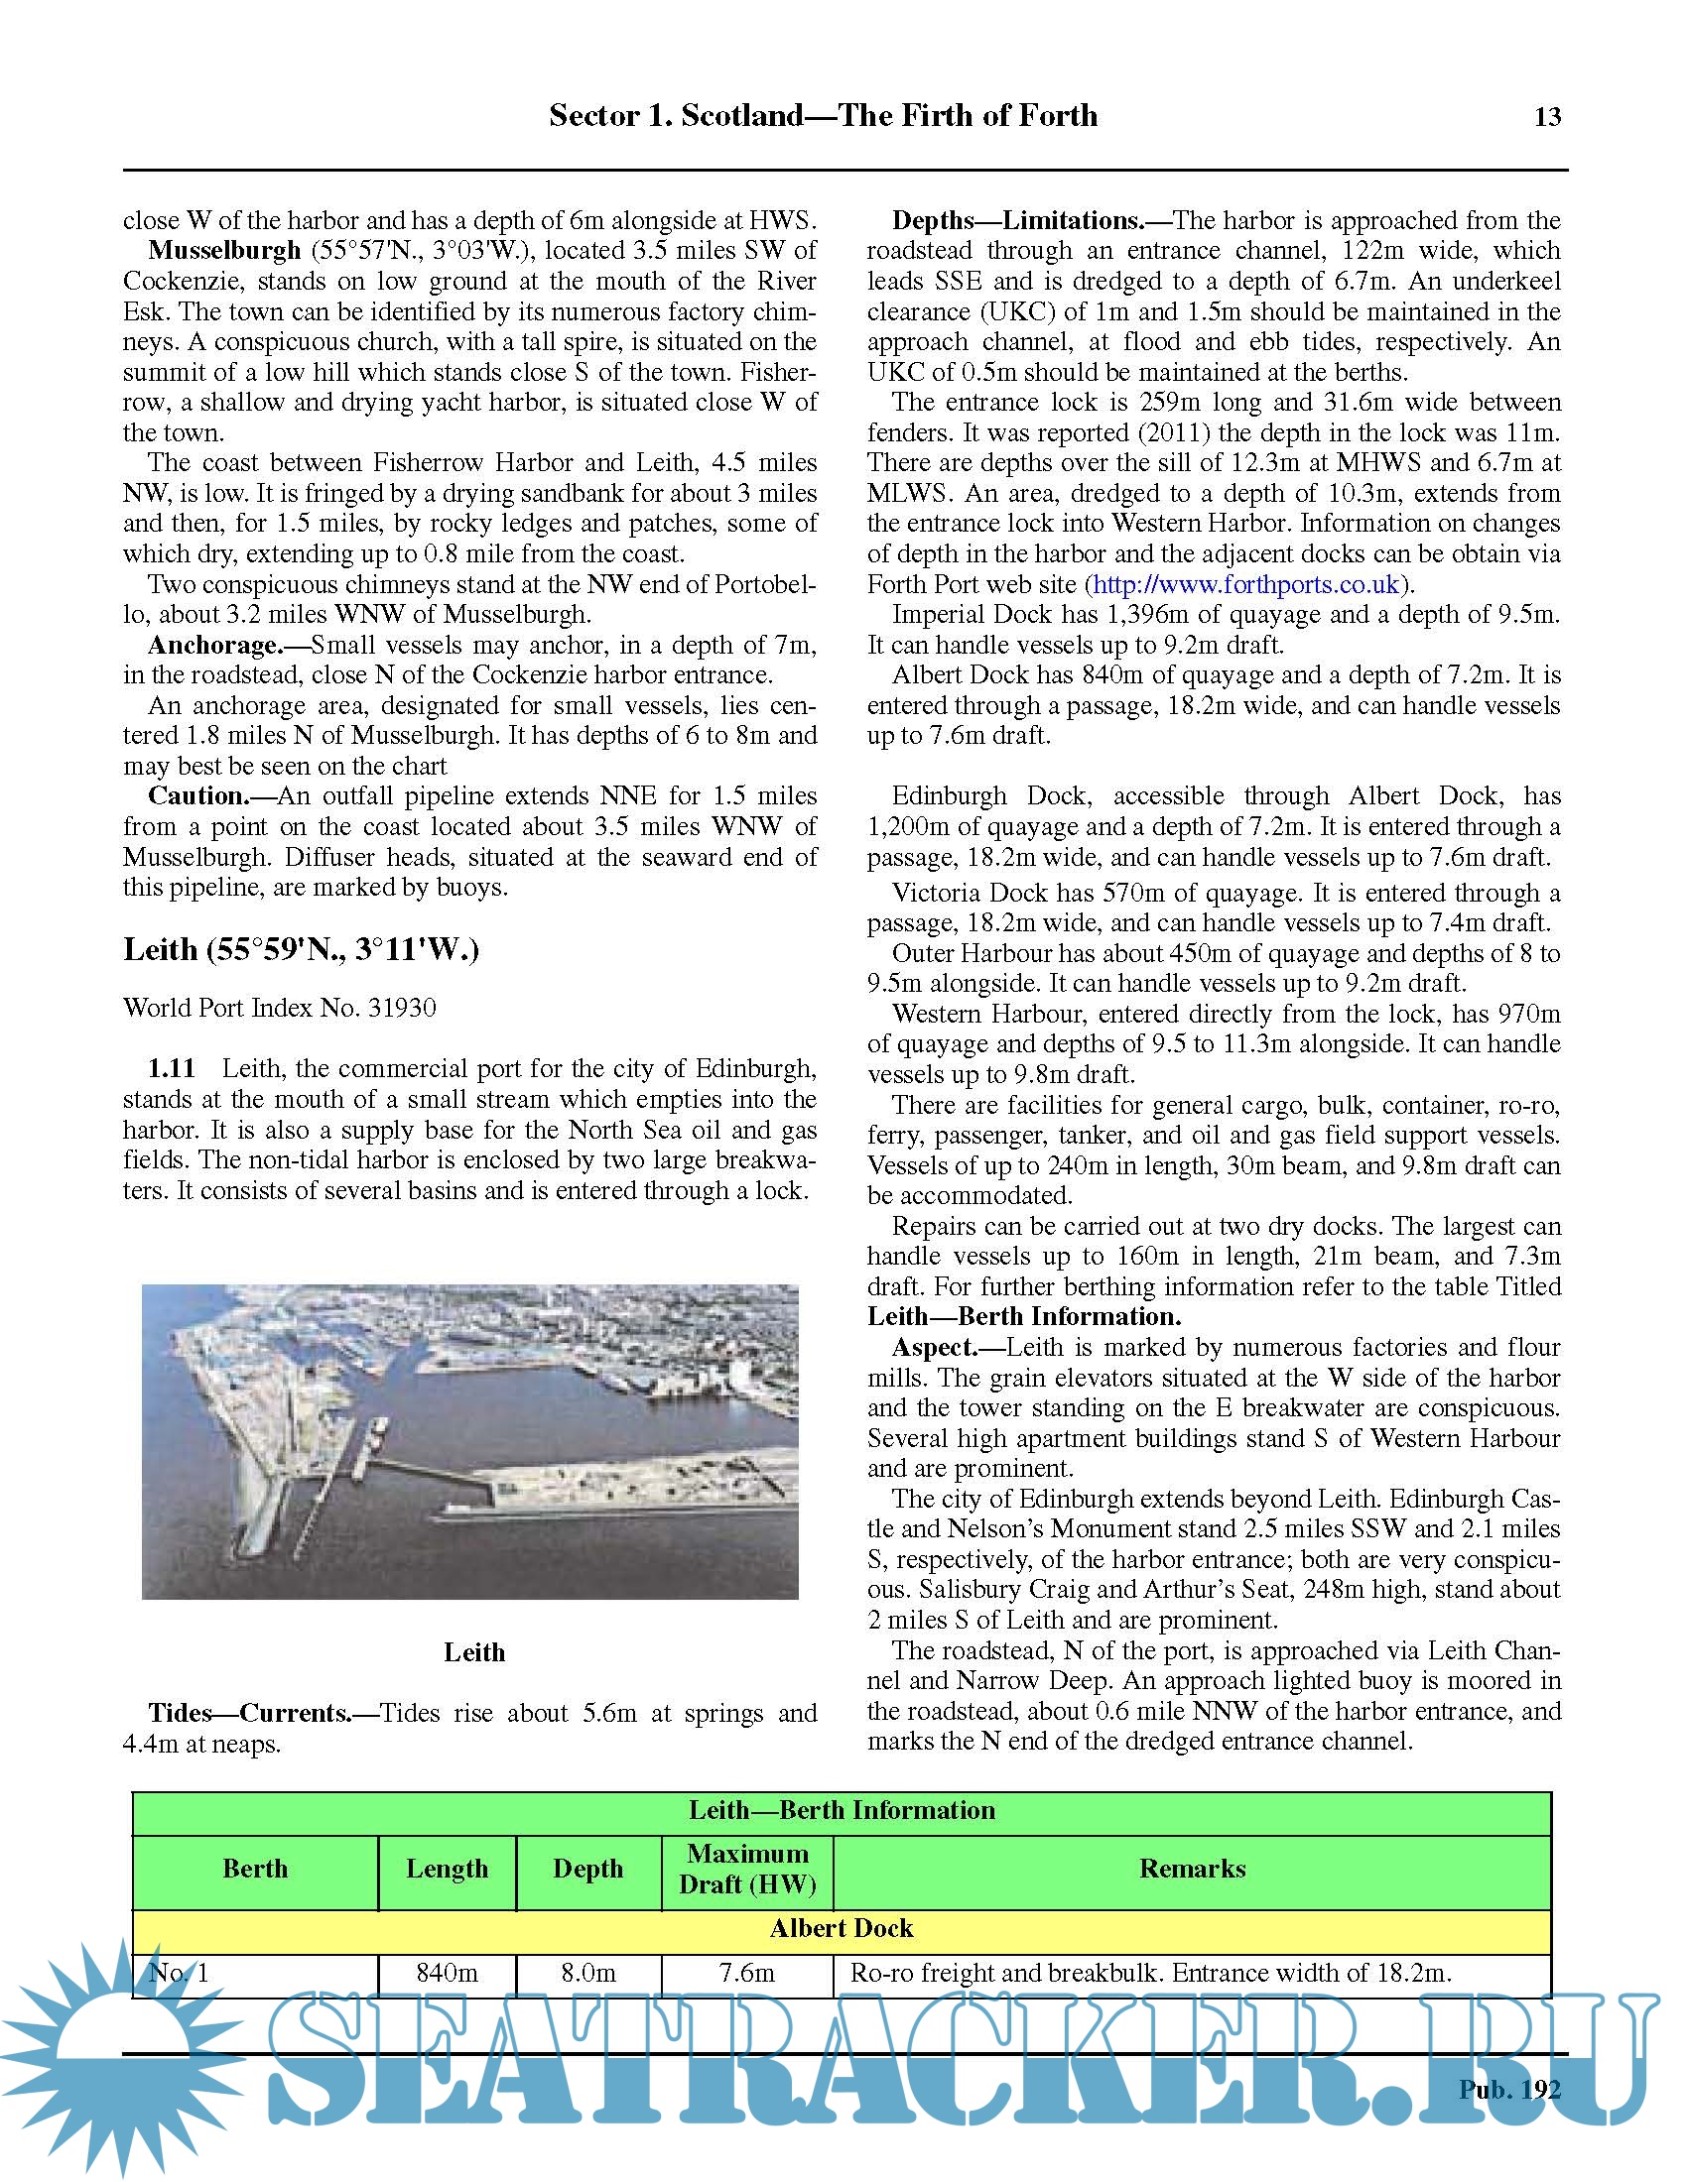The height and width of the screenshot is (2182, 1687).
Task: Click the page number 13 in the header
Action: point(1547,117)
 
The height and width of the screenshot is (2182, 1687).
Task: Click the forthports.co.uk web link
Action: point(1248,584)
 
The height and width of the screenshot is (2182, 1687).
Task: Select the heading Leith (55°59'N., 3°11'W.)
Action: point(301,949)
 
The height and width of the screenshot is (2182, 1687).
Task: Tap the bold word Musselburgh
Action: point(224,250)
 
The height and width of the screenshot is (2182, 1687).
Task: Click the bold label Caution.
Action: point(197,796)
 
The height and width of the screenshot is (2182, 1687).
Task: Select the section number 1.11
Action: point(171,1068)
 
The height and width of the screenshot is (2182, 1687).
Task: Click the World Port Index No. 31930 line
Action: point(279,1007)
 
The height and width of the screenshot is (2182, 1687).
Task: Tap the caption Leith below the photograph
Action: point(473,1652)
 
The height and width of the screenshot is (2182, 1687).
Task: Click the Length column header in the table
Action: point(447,1869)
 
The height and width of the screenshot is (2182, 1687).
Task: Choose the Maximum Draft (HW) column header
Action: point(746,1869)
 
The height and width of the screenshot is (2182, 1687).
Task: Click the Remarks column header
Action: point(1191,1869)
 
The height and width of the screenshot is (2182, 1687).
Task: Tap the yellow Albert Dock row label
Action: point(841,1928)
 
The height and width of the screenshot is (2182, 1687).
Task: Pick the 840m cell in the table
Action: point(447,1973)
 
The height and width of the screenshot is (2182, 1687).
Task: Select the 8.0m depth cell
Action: point(587,1973)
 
